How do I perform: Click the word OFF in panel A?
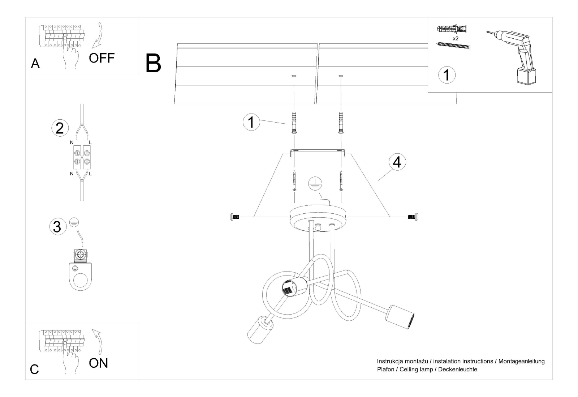tap(102, 58)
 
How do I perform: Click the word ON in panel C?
tap(98, 363)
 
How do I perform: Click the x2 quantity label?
tap(455, 38)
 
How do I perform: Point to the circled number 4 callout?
tap(397, 163)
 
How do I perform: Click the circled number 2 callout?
tap(60, 128)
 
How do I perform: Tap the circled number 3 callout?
tap(57, 227)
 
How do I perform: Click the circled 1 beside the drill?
tap(447, 75)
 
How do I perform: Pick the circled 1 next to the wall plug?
tap(251, 122)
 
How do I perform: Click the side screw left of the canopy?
tap(234, 217)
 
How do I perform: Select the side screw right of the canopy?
tap(413, 217)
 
